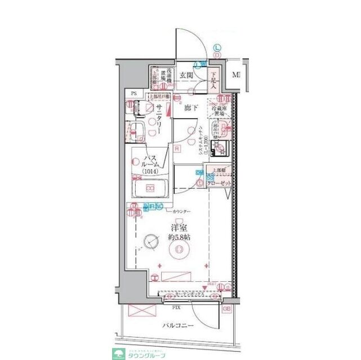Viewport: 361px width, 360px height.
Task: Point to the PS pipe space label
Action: click(133, 94)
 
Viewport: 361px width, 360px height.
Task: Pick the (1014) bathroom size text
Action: click(149, 171)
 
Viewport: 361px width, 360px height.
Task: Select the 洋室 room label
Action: click(180, 228)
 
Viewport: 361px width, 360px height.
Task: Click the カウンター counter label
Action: click(181, 211)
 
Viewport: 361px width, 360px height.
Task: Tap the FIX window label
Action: click(176, 308)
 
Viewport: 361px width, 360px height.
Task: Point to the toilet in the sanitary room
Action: click(137, 131)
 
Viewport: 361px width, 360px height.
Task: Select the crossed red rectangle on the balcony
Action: click(138, 310)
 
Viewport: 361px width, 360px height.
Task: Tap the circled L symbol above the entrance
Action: click(217, 48)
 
